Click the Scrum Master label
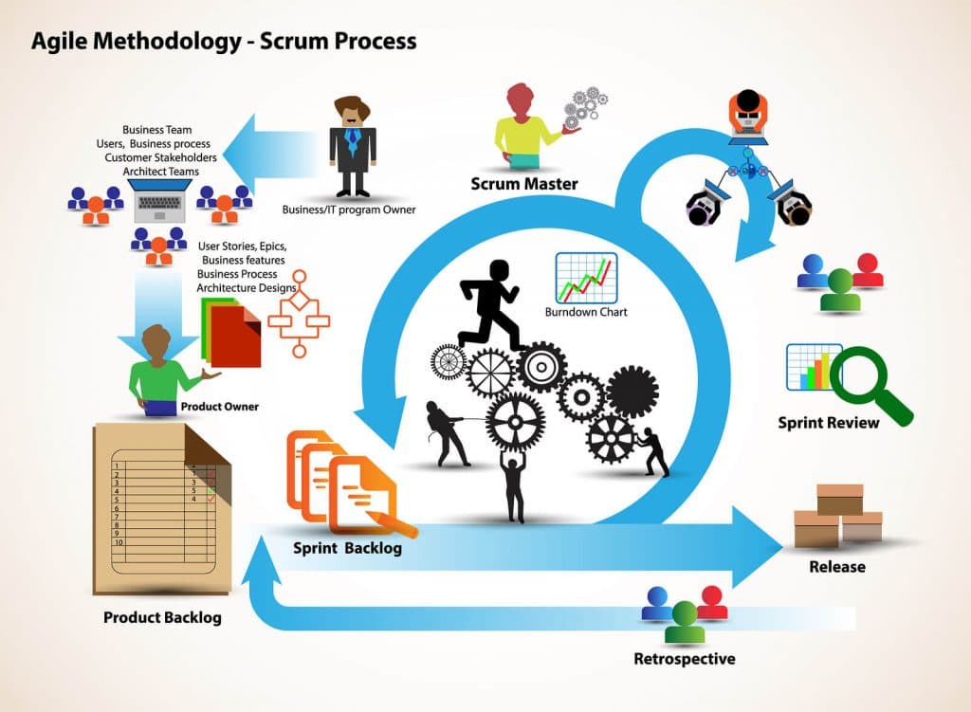pyautogui.click(x=523, y=184)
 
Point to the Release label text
pyautogui.click(x=836, y=567)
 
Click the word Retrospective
pyautogui.click(x=684, y=659)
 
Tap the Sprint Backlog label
pyautogui.click(x=347, y=549)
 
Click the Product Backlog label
pyautogui.click(x=162, y=618)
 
